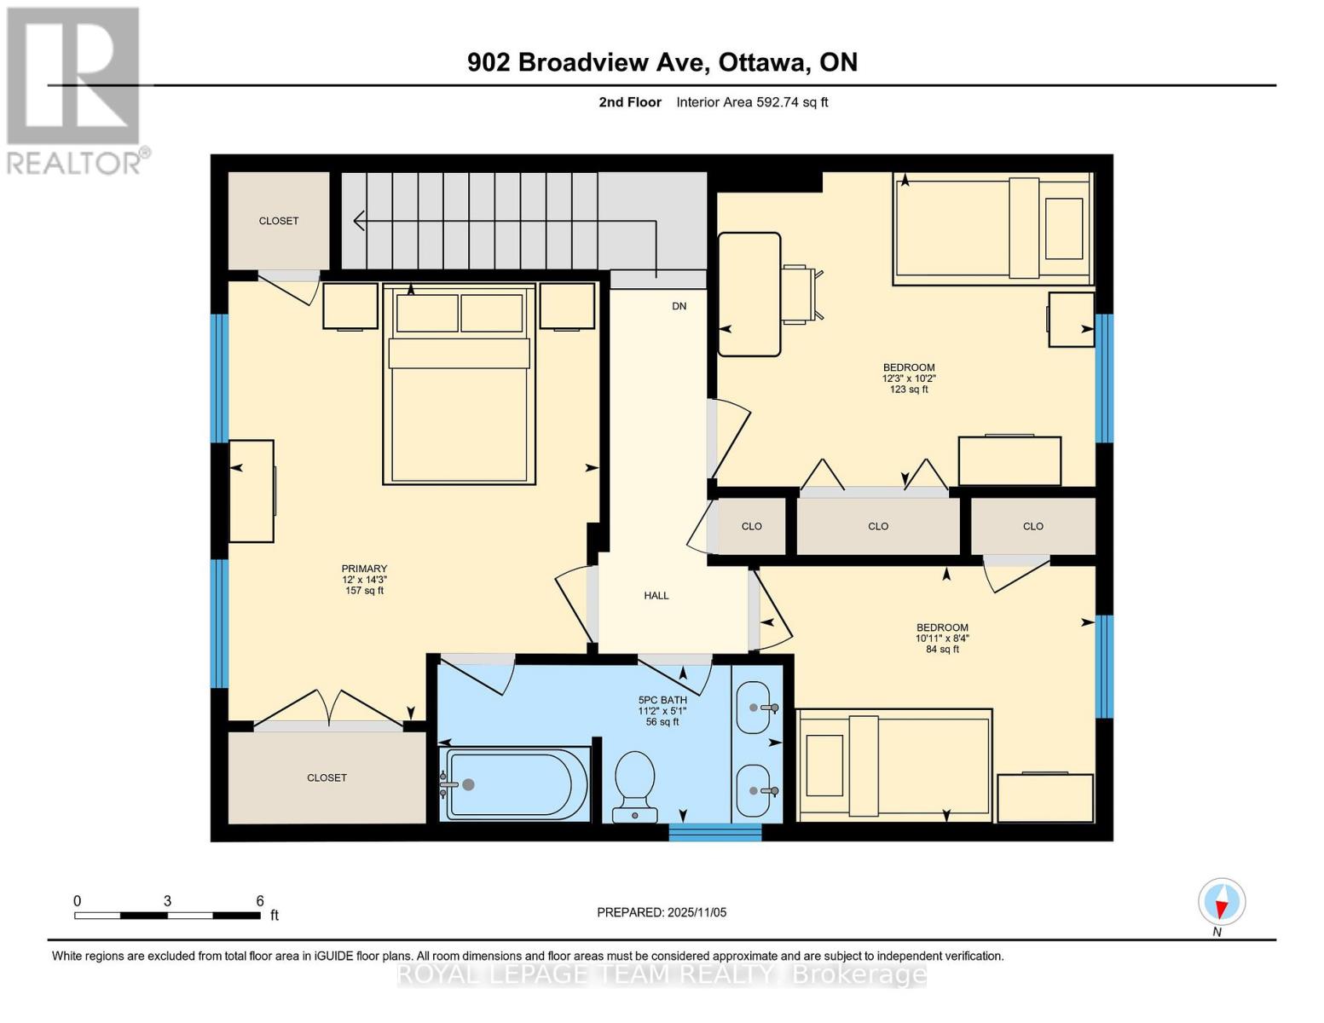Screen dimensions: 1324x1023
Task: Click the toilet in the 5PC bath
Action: (x=635, y=786)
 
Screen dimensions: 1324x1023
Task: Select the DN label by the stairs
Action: (x=679, y=306)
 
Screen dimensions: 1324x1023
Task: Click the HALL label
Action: (x=656, y=595)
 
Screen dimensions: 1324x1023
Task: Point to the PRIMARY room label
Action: (x=364, y=569)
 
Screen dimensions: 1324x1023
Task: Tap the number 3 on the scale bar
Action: (x=167, y=900)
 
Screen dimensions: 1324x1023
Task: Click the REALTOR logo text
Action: (x=74, y=164)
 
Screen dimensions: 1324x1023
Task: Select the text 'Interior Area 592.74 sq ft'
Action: (x=752, y=102)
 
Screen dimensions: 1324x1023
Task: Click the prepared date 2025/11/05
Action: (x=697, y=912)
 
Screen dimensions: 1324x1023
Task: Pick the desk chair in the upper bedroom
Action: (x=803, y=292)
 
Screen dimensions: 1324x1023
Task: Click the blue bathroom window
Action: (x=714, y=832)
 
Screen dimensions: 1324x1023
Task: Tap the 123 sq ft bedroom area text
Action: (x=909, y=390)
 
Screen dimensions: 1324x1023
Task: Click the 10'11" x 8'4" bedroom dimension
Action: (x=942, y=639)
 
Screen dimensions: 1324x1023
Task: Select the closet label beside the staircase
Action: (x=279, y=221)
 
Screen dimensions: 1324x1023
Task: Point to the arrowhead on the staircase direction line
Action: (x=359, y=221)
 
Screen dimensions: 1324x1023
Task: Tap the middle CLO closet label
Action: (x=878, y=526)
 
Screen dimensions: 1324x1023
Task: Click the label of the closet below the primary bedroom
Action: (x=327, y=777)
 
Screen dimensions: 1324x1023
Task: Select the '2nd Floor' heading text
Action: (x=630, y=102)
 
